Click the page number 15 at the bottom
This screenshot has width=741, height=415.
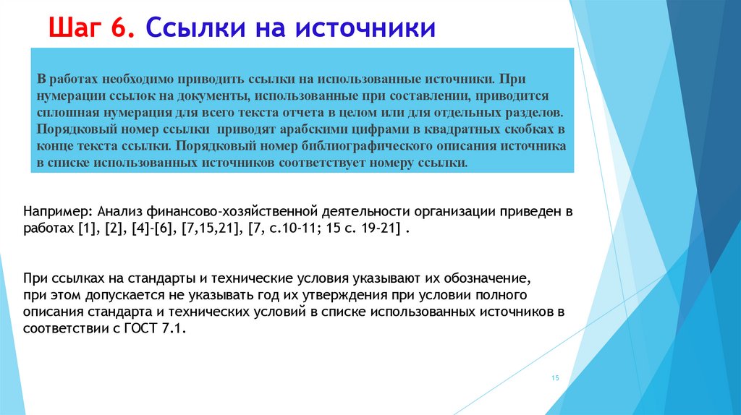click(556, 379)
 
